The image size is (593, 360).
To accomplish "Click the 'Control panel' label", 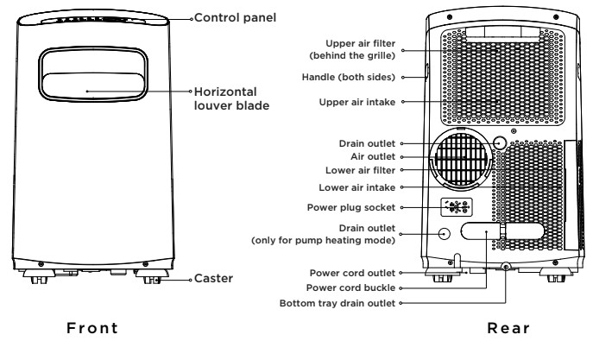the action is [x=236, y=18].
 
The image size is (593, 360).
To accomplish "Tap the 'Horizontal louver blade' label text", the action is [x=231, y=98].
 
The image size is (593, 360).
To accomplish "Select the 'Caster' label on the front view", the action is [x=213, y=278].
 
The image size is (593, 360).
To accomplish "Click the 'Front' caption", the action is [x=92, y=328].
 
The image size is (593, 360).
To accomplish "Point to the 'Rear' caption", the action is [x=508, y=328].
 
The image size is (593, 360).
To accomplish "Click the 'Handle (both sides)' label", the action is [x=349, y=77].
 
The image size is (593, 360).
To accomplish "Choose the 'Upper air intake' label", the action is [x=357, y=102].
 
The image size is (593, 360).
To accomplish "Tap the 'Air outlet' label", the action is [x=373, y=156].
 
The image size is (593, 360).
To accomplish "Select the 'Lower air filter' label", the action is [x=360, y=170].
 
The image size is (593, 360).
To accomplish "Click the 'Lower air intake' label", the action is [x=357, y=187].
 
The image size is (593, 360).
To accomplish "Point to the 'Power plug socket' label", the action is [x=351, y=207].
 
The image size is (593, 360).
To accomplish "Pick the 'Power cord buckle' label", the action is [x=350, y=287].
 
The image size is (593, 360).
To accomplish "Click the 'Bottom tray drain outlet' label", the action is [x=338, y=303].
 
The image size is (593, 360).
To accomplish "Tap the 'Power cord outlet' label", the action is [x=352, y=273].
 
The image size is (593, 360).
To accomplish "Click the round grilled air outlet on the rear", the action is [x=462, y=159].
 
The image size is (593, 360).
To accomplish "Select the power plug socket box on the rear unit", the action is [x=457, y=207].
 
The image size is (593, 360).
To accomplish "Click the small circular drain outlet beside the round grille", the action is [x=500, y=143].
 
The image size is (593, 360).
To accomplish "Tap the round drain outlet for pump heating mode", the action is [x=445, y=233].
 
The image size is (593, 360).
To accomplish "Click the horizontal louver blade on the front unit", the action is [x=93, y=85].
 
